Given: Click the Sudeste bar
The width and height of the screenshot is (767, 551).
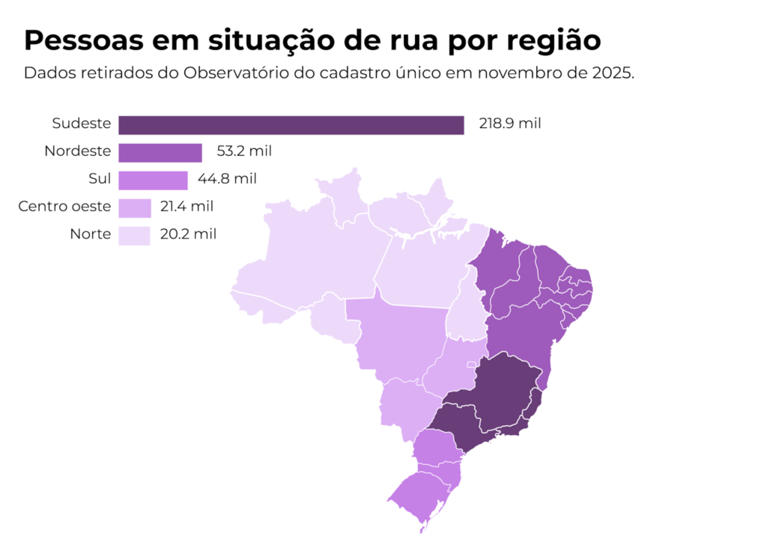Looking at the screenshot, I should [x=291, y=125].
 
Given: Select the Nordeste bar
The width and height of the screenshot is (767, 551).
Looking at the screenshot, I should [x=160, y=153].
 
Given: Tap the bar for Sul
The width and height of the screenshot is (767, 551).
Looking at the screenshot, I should [x=153, y=180].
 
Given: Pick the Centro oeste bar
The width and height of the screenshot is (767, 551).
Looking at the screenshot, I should [x=135, y=207].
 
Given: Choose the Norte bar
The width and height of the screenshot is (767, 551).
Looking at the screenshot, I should [x=135, y=235].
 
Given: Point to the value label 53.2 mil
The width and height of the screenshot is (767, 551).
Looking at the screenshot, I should [x=244, y=152].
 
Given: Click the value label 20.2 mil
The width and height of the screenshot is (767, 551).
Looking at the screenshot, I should [x=187, y=234].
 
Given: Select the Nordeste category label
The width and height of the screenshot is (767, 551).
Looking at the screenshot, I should [x=78, y=151].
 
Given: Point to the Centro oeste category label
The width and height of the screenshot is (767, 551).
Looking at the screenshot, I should [x=65, y=206].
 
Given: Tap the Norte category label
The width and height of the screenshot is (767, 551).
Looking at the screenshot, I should [x=90, y=234].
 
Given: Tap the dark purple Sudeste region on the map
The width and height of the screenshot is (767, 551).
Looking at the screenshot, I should [x=502, y=397].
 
